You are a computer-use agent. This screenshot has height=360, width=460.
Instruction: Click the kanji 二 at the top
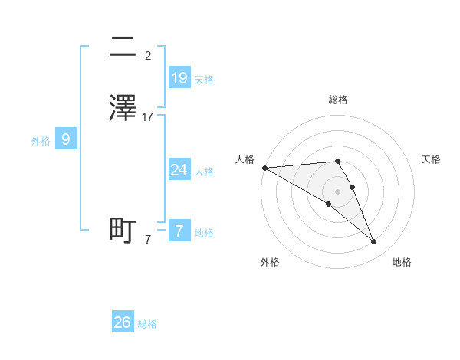click(x=123, y=48)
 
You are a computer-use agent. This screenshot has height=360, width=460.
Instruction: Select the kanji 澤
click(x=123, y=108)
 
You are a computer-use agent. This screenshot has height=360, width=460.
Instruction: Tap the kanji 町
click(x=123, y=231)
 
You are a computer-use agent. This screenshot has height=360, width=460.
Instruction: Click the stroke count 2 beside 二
click(x=148, y=56)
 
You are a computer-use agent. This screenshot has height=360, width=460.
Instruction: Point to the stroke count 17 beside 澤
click(x=148, y=117)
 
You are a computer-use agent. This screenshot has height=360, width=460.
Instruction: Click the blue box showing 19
click(x=179, y=77)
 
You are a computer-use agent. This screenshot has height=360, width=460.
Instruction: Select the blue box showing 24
click(x=179, y=169)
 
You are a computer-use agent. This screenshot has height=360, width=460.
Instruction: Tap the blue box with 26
click(x=123, y=322)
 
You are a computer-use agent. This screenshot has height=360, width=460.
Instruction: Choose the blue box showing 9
click(x=66, y=139)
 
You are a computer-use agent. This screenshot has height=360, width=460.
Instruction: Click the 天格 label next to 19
click(x=204, y=79)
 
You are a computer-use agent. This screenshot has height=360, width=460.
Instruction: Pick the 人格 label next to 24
click(x=204, y=171)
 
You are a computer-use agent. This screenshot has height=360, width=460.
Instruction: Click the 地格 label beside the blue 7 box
click(x=204, y=233)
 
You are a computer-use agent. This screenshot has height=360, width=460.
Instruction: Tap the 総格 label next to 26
click(x=147, y=324)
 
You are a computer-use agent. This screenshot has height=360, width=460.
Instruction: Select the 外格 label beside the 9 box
click(x=41, y=141)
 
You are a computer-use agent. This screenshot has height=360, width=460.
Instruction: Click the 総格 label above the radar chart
click(x=337, y=100)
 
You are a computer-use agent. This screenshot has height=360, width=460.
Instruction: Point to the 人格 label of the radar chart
click(x=245, y=159)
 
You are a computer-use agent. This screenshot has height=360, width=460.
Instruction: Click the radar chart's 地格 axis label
click(x=402, y=262)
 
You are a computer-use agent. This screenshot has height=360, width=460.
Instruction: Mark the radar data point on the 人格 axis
click(x=264, y=168)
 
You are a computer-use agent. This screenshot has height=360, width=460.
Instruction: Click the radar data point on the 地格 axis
click(x=374, y=242)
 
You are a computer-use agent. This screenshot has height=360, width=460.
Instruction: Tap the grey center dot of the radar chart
click(x=337, y=191)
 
